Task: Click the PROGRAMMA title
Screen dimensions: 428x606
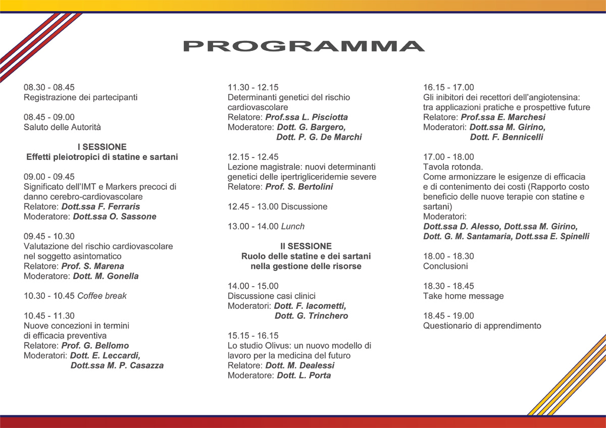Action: (x=304, y=46)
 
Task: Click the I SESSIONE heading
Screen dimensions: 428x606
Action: (x=102, y=147)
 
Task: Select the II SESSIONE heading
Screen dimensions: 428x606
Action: (x=306, y=246)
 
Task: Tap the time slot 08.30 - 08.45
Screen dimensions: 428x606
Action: (x=49, y=87)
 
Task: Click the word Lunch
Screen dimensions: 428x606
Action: (x=293, y=227)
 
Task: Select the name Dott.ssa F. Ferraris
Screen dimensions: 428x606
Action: (x=100, y=206)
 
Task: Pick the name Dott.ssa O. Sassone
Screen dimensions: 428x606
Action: (x=115, y=217)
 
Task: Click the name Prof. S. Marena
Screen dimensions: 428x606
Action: (x=92, y=266)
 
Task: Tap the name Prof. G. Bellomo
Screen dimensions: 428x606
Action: (x=95, y=346)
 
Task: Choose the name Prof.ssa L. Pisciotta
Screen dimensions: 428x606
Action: (x=307, y=117)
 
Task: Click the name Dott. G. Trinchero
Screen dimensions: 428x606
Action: (x=311, y=316)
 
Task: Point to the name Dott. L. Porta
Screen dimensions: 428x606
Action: (x=304, y=376)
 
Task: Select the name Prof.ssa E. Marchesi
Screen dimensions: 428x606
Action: (x=503, y=117)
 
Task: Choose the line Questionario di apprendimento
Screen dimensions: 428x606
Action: (x=482, y=326)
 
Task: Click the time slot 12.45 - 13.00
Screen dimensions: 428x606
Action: (x=252, y=206)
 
